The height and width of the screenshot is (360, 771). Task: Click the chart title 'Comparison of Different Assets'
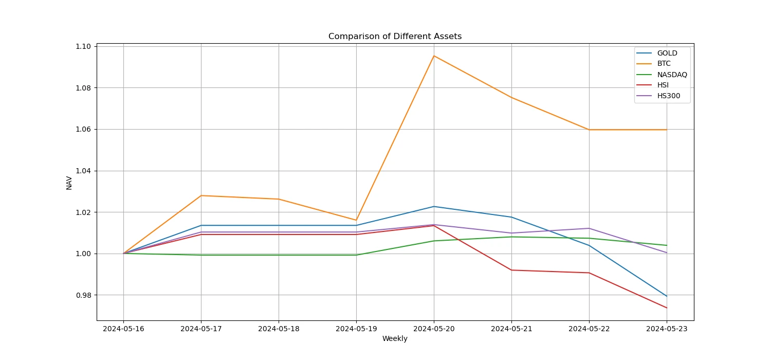395,37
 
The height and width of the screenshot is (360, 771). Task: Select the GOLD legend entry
667,53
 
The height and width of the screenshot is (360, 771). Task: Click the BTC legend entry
664,64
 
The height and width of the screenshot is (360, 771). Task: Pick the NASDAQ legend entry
672,75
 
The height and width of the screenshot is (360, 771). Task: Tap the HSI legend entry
663,85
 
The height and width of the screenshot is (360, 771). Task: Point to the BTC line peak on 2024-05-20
434,56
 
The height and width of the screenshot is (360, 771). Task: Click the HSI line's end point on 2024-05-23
667,308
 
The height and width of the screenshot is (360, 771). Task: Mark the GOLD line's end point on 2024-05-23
667,296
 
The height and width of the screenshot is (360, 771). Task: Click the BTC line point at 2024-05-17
201,195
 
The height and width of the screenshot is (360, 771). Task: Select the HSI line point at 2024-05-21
511,270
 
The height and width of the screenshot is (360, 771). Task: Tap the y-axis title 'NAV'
69,183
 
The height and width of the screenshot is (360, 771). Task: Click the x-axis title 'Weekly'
395,339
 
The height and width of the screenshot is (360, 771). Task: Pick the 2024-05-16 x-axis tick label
123,329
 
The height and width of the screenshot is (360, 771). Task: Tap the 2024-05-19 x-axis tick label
356,329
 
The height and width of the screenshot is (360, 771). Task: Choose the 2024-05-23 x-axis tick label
667,329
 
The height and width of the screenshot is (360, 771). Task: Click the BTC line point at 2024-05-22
589,130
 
